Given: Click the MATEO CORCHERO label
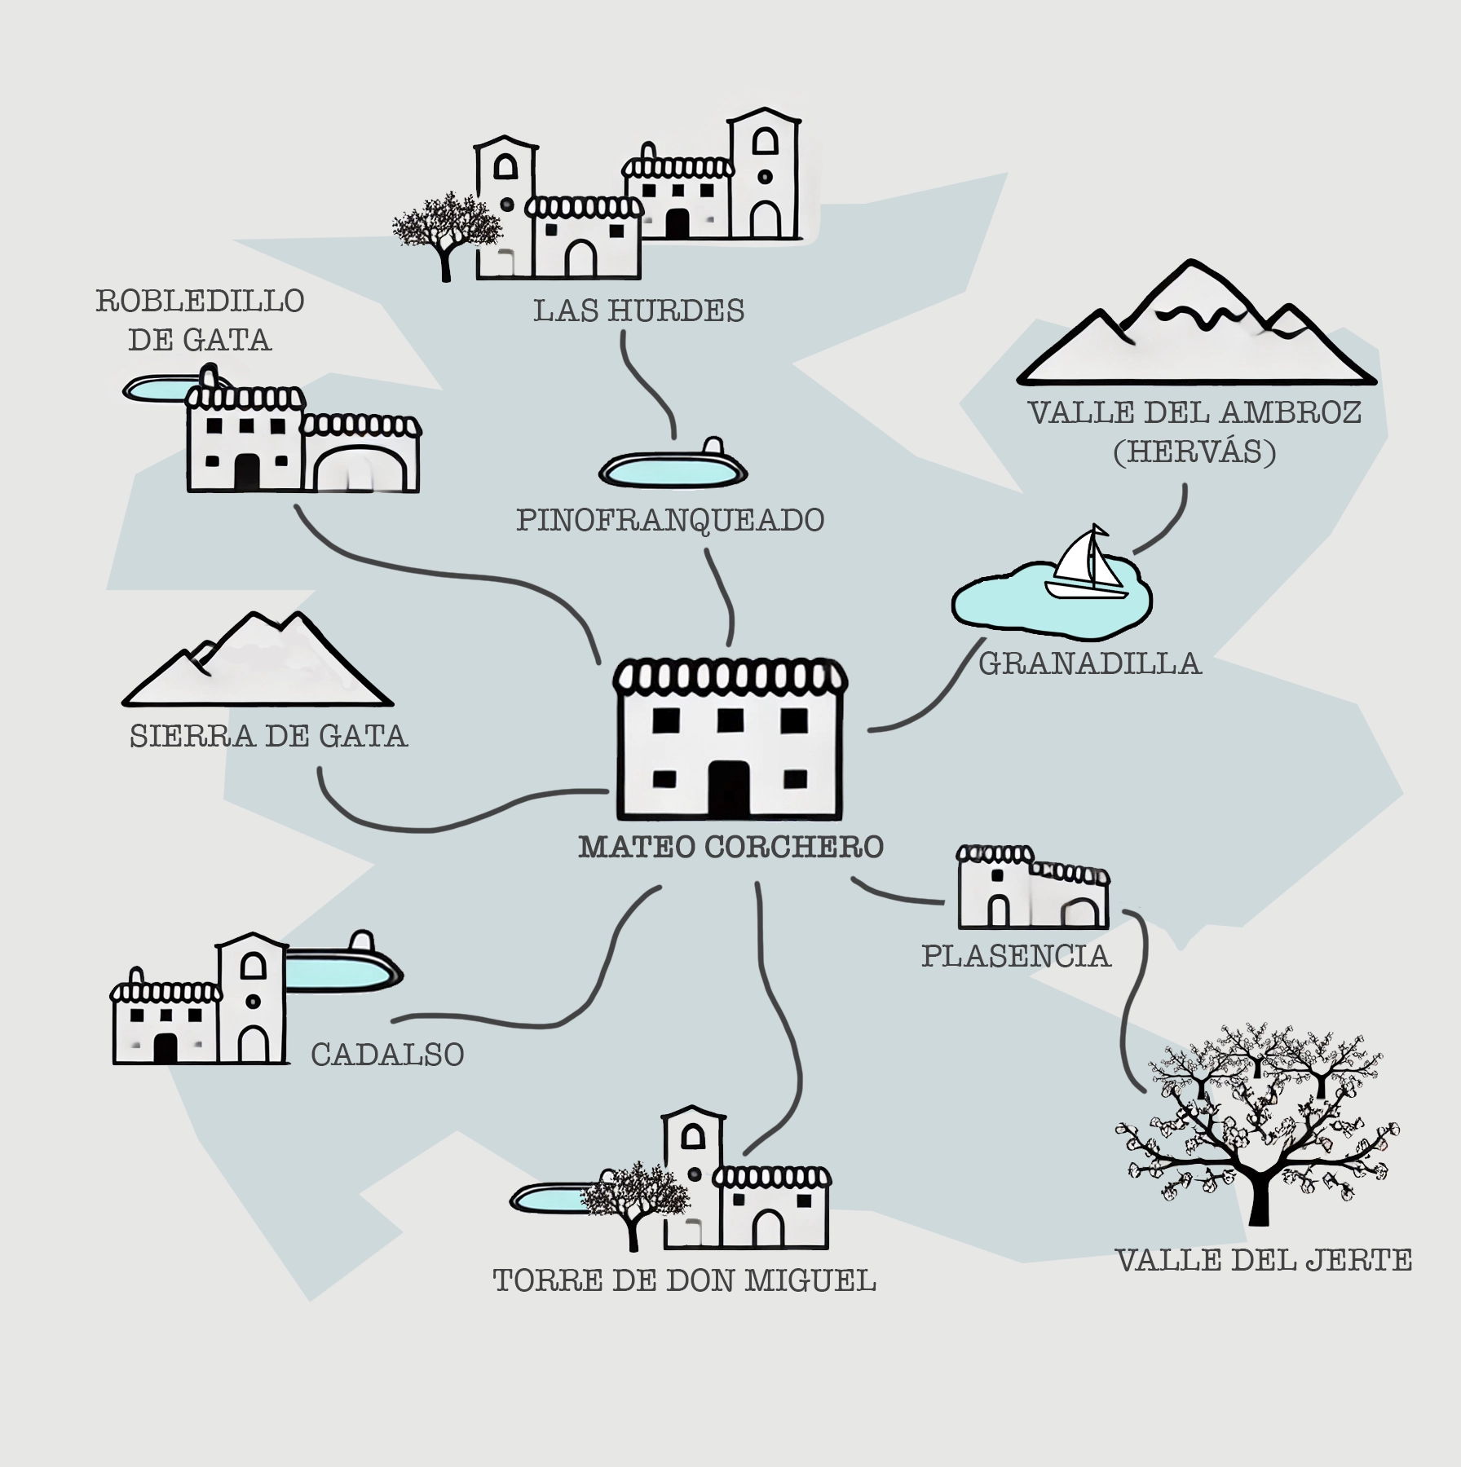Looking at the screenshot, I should [730, 847].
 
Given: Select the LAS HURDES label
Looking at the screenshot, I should [638, 311].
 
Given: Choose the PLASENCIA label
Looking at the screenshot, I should [1016, 955].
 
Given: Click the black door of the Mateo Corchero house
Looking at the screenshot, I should [728, 788].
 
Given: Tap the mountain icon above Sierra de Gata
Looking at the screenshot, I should [257, 664].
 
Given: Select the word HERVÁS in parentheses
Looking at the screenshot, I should [1194, 452].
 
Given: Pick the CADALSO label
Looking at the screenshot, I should [387, 1055].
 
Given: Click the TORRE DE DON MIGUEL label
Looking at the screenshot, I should [684, 1280].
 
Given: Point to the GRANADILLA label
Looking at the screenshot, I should [1090, 663].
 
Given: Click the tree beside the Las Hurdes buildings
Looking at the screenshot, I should [444, 228].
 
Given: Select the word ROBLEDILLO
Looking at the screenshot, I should [200, 301].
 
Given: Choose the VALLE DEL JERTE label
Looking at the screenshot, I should [1263, 1261].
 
